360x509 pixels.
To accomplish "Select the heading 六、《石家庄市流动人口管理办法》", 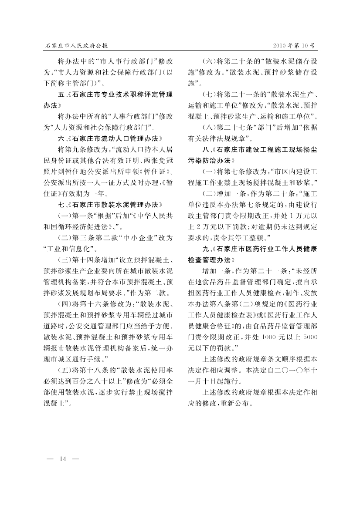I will tap(110, 139).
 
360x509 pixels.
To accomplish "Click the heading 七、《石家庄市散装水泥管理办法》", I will tap(110, 204).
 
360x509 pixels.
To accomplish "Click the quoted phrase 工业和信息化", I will tap(68, 249).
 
